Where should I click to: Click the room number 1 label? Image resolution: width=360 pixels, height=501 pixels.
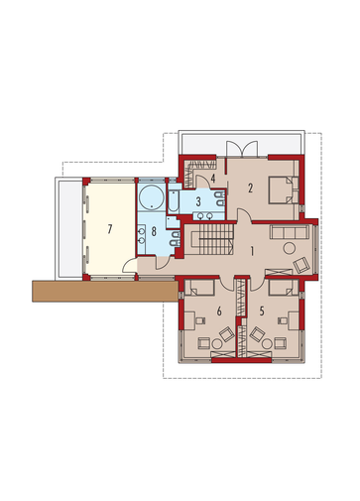coord(252,252)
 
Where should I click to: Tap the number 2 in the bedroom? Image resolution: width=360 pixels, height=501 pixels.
coord(251,188)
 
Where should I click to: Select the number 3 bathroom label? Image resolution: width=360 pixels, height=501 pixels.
coord(198,201)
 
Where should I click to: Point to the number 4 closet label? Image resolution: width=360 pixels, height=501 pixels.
coord(213,179)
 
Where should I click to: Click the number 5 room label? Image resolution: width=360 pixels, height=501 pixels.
coord(262,312)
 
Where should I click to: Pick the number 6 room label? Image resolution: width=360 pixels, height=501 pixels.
coord(219,312)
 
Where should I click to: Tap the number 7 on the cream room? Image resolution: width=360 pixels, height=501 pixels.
coord(110,229)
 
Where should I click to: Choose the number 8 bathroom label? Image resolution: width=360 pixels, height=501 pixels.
coord(154,231)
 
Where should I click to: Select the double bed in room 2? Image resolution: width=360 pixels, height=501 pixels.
coord(283,189)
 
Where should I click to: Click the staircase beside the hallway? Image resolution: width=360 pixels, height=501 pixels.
coord(209,239)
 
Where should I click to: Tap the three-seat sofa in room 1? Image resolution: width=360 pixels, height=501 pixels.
coord(290,232)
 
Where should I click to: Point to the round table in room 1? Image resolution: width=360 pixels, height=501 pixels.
coord(290,248)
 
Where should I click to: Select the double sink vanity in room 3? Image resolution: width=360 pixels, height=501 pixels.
coord(205,216)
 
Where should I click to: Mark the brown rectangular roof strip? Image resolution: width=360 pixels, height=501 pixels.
coord(104,291)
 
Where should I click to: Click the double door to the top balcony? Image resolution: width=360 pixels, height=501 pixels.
coord(242,149)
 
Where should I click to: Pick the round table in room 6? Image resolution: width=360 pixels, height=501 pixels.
coord(217,344)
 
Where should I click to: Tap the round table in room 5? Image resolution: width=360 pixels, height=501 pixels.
coord(267,344)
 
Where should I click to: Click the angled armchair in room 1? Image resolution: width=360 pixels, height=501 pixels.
coord(301,265)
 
